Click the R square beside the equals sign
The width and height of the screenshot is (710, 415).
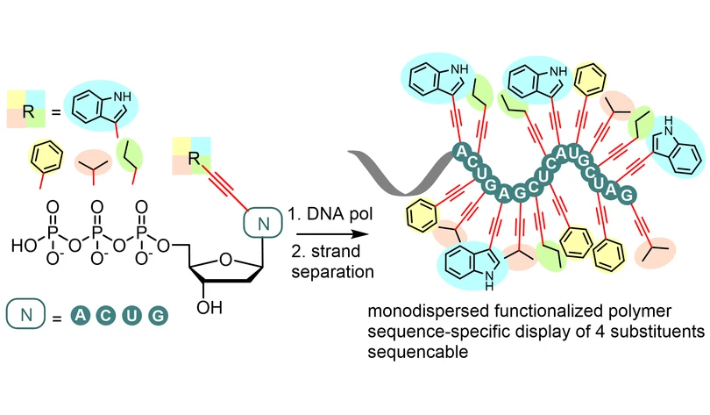click(25, 109)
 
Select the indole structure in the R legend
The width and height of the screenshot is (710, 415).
click(101, 107)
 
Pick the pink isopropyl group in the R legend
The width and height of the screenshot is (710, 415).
click(93, 162)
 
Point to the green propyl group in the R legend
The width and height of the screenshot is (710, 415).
click(130, 155)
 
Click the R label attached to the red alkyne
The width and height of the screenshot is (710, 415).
click(194, 159)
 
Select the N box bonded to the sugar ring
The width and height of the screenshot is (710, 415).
click(263, 223)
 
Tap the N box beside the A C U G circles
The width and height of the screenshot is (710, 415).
click(25, 314)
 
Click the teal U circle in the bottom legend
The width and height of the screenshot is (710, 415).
click(131, 315)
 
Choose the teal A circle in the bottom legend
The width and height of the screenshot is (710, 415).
click(80, 315)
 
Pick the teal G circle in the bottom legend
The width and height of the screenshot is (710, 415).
click(158, 315)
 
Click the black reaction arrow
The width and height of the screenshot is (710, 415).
click(332, 234)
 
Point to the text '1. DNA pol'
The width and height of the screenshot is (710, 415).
click(330, 213)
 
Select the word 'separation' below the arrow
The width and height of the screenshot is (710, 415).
click(333, 272)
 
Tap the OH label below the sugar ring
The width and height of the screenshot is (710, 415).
click(209, 308)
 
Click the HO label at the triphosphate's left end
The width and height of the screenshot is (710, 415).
click(24, 246)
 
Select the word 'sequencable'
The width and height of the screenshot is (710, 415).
click(417, 352)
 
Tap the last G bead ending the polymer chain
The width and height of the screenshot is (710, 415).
click(627, 196)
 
